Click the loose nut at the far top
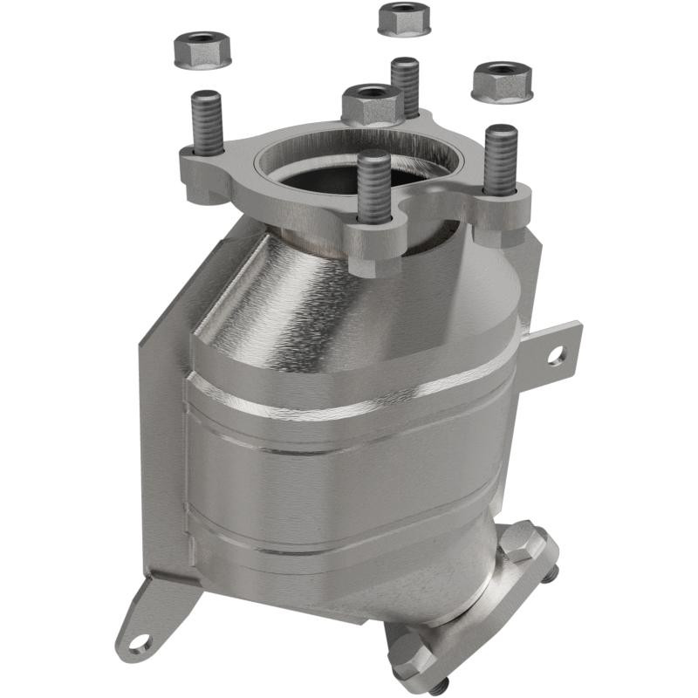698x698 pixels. point(404,19)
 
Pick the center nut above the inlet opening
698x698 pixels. point(372,103)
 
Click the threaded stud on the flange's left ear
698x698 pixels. point(206,122)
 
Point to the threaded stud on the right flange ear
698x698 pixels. point(501,157)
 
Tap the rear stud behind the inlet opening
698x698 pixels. point(406,83)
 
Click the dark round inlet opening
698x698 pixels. point(349,174)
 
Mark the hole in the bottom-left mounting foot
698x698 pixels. point(140,644)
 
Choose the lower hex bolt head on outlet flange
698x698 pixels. point(410,650)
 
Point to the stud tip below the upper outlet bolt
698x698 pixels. point(553,573)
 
